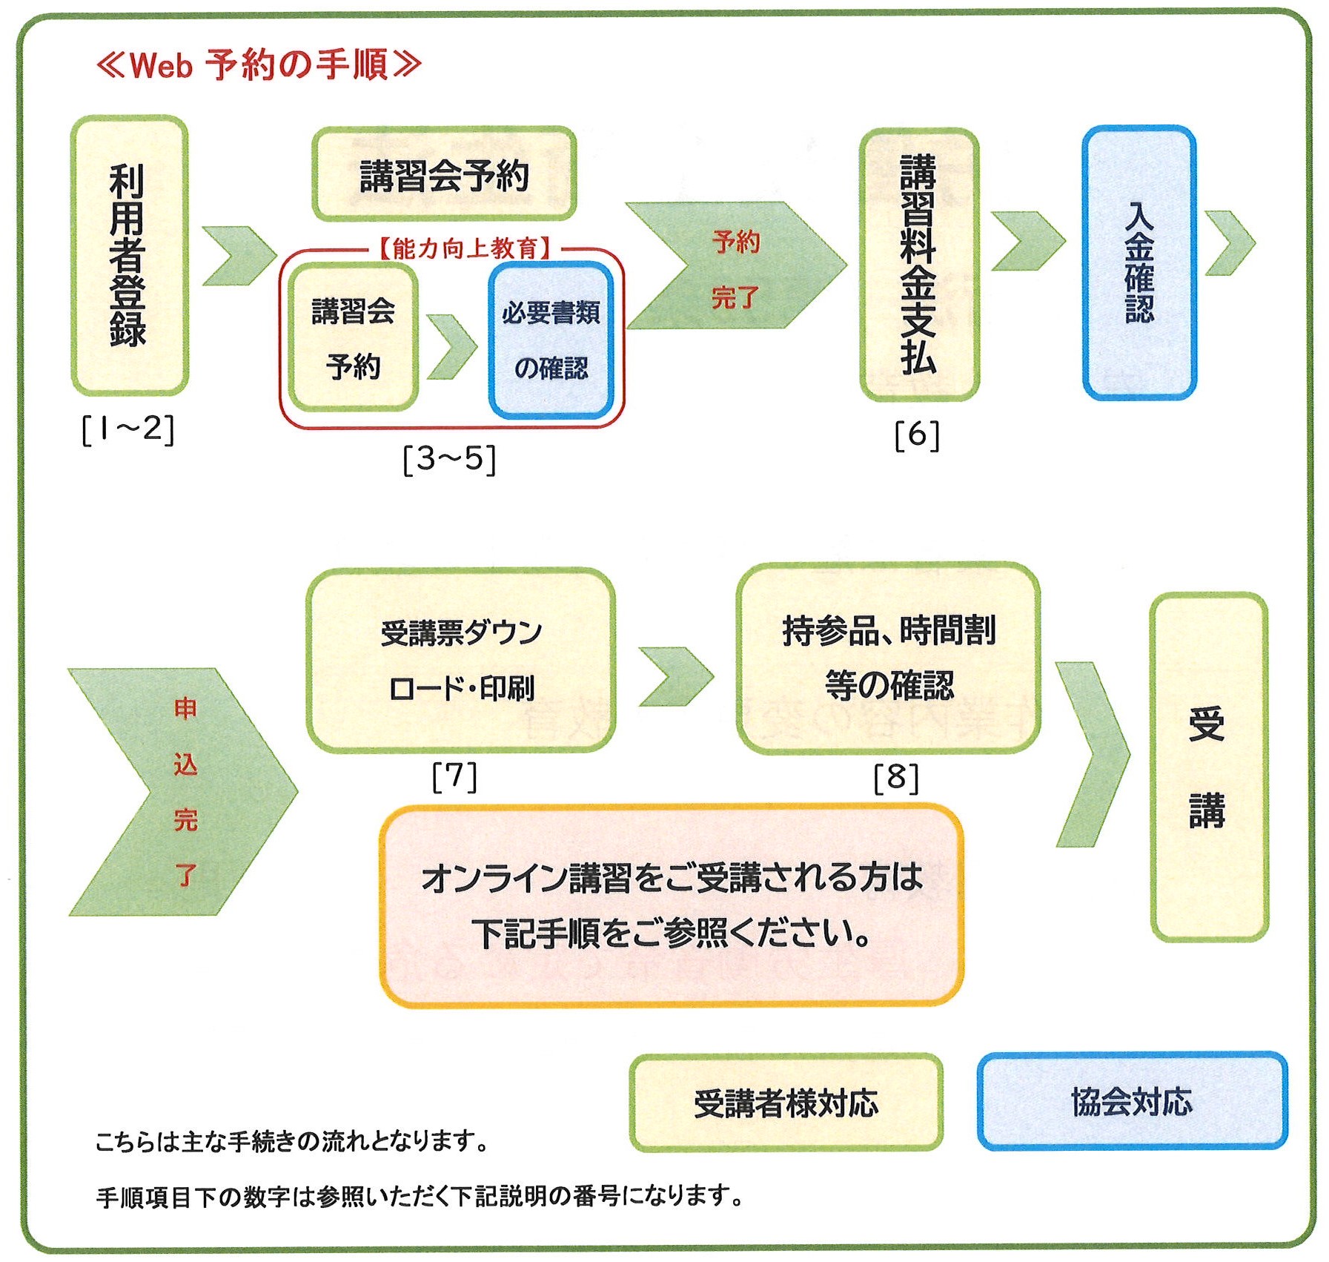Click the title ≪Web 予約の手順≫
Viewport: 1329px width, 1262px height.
pyautogui.click(x=259, y=65)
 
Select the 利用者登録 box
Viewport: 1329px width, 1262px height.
pyautogui.click(x=129, y=254)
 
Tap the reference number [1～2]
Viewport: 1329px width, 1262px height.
pyautogui.click(x=128, y=429)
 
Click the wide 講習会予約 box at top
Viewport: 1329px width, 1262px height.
pyautogui.click(x=444, y=175)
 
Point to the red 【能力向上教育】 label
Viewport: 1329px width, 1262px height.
pyautogui.click(x=465, y=248)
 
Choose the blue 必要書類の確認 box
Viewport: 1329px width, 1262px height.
pyautogui.click(x=551, y=340)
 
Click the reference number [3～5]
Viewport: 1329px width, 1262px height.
pyautogui.click(x=449, y=459)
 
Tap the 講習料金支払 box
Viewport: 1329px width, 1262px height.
pyautogui.click(x=918, y=264)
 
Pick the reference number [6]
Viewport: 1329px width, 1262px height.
pyautogui.click(x=917, y=435)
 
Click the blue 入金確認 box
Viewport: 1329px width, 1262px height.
pyautogui.click(x=1139, y=262)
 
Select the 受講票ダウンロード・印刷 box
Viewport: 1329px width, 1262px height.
pyautogui.click(x=461, y=660)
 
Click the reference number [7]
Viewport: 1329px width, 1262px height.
pyautogui.click(x=454, y=776)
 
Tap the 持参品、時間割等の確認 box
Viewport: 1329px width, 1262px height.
pyautogui.click(x=888, y=658)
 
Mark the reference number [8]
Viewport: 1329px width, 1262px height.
pyautogui.click(x=896, y=777)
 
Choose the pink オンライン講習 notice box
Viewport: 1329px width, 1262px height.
pyautogui.click(x=672, y=905)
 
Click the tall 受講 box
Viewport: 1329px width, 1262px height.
pyautogui.click(x=1208, y=767)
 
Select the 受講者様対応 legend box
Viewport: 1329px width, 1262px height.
pyautogui.click(x=786, y=1103)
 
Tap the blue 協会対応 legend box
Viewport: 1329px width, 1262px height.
pyautogui.click(x=1132, y=1101)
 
